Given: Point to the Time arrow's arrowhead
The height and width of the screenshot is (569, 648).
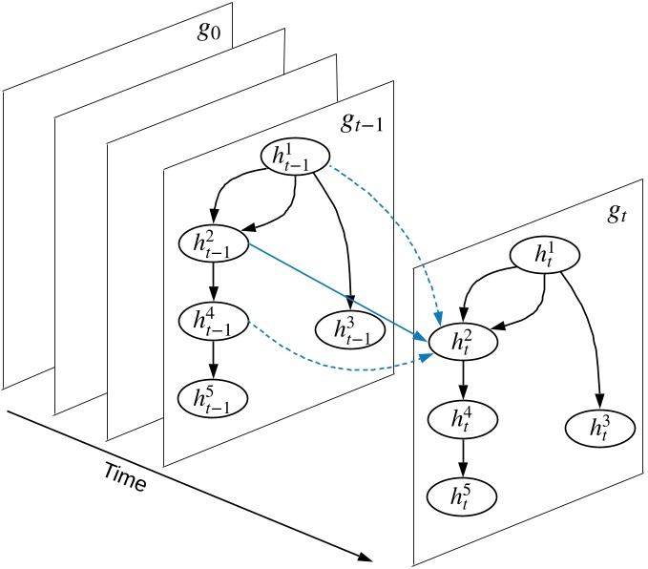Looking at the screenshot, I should coord(365,558).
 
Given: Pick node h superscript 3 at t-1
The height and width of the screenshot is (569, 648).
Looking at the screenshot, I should coord(351,329).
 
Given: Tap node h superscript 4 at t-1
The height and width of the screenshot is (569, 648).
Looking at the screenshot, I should coord(214,320).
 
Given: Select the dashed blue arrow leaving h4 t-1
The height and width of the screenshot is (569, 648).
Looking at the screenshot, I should coord(334,361).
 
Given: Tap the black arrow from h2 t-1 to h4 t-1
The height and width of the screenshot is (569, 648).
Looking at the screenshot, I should coord(214,282).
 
